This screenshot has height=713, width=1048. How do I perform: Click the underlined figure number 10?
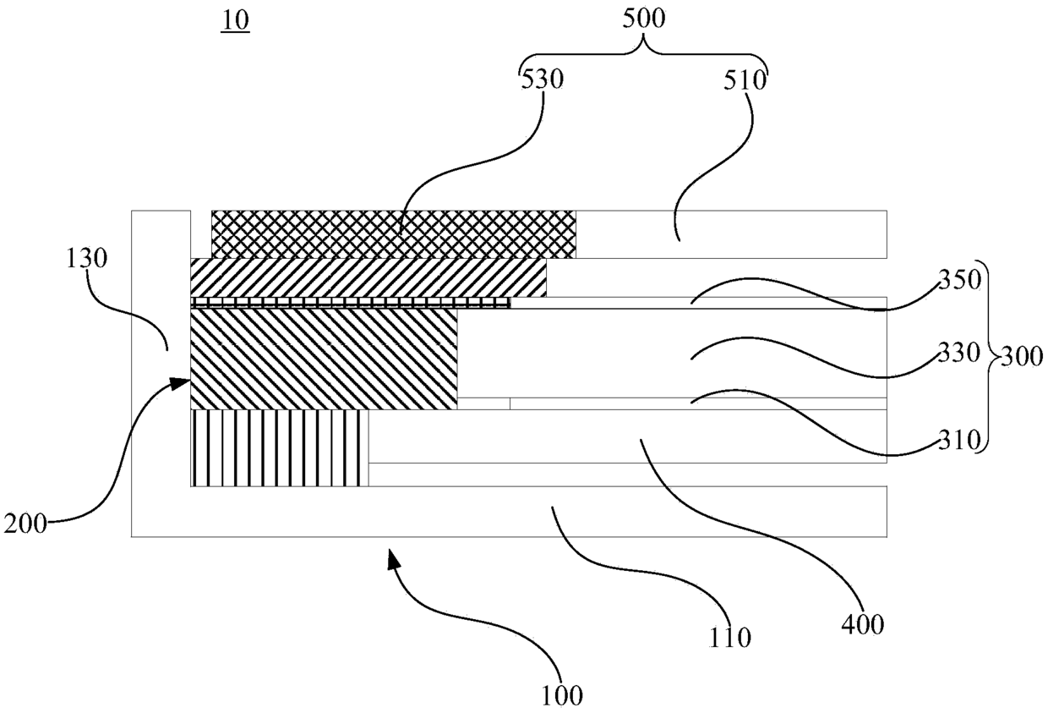click(x=235, y=21)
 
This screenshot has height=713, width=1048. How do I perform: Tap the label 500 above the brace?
click(x=644, y=19)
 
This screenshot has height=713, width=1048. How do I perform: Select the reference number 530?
click(x=543, y=80)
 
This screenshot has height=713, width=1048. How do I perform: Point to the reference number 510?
click(x=745, y=80)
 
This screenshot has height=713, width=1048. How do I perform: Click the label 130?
click(x=87, y=259)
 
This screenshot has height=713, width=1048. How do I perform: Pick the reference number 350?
click(x=959, y=281)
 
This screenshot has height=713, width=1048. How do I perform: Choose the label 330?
click(x=959, y=353)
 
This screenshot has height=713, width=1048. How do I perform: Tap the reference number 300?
click(x=1022, y=358)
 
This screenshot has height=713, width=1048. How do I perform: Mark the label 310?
click(x=959, y=440)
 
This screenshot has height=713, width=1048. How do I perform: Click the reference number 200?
click(x=25, y=524)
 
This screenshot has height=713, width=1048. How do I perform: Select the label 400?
click(x=862, y=624)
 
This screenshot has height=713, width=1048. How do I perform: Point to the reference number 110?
click(x=730, y=638)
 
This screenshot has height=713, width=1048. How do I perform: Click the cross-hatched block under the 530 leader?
click(x=394, y=234)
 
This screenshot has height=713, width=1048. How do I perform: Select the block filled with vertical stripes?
click(x=279, y=448)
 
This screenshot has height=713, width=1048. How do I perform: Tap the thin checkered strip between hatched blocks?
click(x=351, y=303)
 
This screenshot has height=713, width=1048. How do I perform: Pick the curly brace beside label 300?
click(x=990, y=357)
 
